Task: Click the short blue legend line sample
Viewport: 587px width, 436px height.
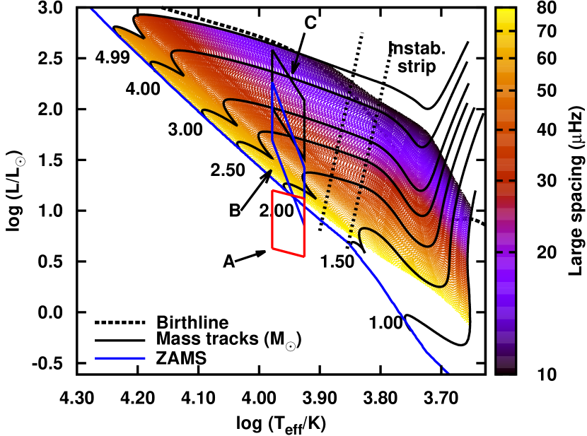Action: click(120, 358)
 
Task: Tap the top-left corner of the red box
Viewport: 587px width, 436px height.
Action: click(273, 191)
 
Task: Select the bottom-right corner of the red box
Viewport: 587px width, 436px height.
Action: click(304, 256)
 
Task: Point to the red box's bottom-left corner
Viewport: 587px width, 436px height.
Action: click(273, 248)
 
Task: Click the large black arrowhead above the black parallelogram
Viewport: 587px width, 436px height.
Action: click(295, 69)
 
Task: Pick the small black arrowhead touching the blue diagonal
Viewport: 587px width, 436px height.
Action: click(268, 173)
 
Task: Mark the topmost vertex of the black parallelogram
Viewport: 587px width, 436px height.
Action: click(273, 51)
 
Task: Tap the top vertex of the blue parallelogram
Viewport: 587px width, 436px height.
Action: click(273, 83)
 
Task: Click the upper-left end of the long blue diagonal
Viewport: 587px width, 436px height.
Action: click(92, 10)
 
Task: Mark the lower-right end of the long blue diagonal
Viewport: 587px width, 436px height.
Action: click(447, 371)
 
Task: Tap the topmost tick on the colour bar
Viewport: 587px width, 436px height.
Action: click(506, 31)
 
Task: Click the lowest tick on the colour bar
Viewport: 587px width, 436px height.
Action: click(506, 252)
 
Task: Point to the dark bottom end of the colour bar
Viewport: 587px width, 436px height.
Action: click(506, 368)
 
